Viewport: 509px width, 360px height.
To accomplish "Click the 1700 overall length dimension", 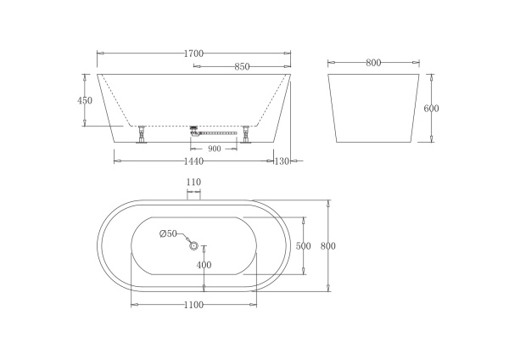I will [x=193, y=53].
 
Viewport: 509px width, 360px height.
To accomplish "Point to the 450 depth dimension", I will [x=85, y=100].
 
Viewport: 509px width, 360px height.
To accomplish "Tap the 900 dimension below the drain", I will [x=214, y=149].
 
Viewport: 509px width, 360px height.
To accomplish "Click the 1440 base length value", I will [x=193, y=160].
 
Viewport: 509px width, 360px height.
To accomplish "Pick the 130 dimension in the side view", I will [x=283, y=160].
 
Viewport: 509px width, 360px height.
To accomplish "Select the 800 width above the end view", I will [x=373, y=62].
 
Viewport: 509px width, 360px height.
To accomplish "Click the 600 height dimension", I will [x=431, y=108].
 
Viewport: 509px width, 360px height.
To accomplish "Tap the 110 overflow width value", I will [x=193, y=183].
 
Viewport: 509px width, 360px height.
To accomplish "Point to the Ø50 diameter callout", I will [x=168, y=233].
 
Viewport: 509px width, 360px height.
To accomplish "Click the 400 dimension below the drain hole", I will [x=204, y=265].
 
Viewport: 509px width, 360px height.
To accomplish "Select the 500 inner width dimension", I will [x=303, y=245].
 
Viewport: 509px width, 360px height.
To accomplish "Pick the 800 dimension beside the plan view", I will [x=328, y=245].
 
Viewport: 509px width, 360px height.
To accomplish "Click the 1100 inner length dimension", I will [x=193, y=306].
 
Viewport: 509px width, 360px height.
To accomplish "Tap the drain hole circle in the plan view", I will [x=194, y=246].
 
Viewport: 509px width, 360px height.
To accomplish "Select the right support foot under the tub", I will [x=247, y=134].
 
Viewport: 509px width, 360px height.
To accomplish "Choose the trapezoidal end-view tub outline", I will [x=373, y=108].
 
